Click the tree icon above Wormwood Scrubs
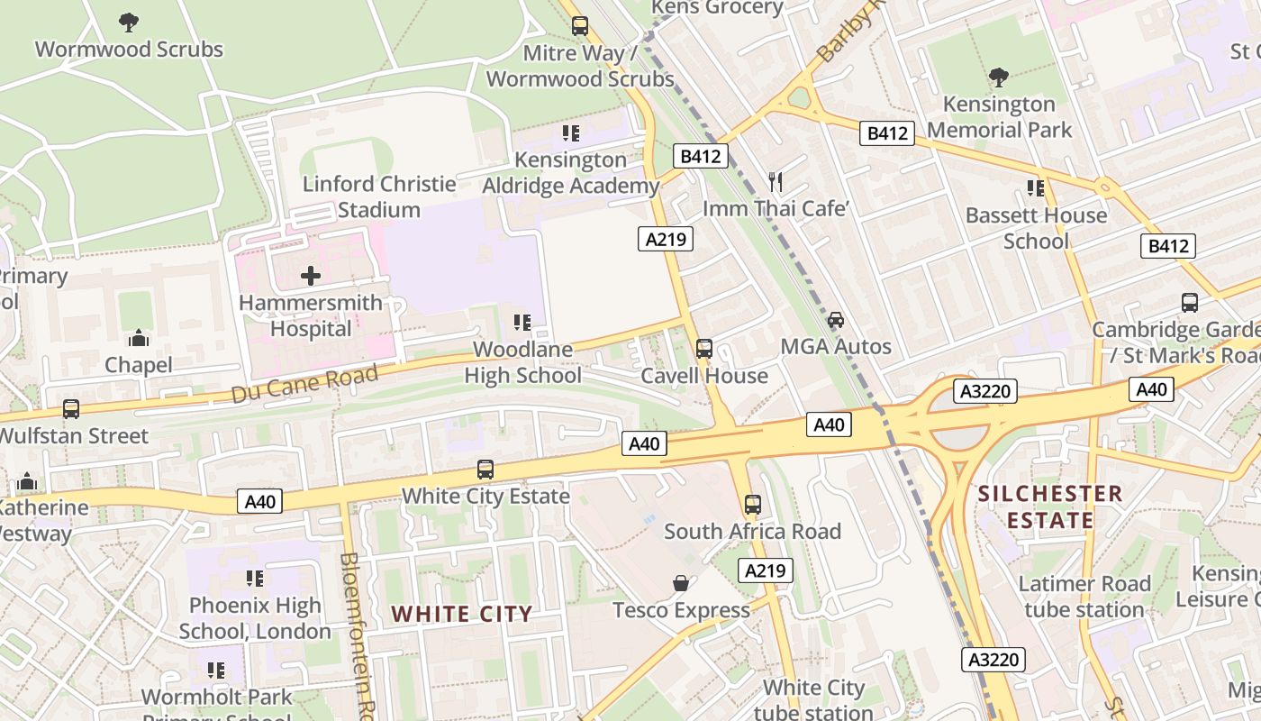129,22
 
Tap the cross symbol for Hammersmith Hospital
311,275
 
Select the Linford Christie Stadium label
379,196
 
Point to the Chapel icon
138,338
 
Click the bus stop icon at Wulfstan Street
71,409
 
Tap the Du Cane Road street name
304,384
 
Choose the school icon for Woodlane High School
522,322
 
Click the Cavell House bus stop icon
703,349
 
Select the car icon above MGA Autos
836,320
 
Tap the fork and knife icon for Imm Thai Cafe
776,182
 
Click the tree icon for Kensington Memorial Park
998,78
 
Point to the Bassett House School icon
1036,188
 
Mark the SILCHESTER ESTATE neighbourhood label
1050,507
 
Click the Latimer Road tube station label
1084,597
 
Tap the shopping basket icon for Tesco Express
681,584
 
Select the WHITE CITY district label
462,615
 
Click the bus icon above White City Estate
485,470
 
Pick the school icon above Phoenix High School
255,579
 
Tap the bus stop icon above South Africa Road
753,505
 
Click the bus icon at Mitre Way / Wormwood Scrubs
580,26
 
